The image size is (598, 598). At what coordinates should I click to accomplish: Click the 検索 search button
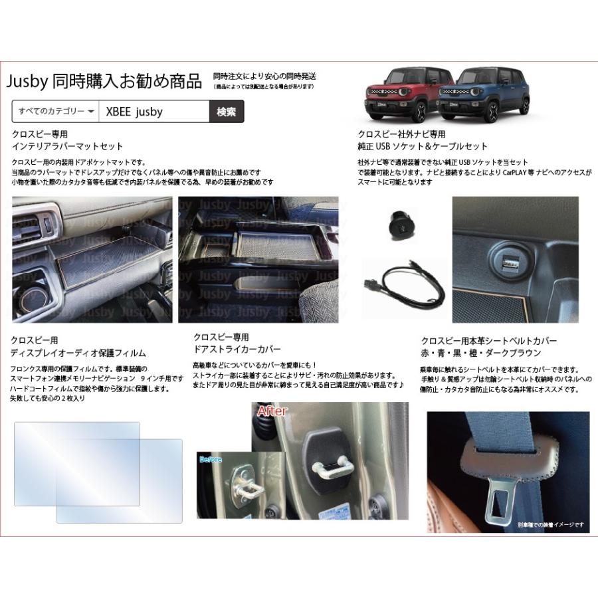point(226,112)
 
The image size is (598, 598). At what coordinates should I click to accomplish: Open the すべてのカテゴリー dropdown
point(55,112)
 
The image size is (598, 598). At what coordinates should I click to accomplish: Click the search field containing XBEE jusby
point(153,112)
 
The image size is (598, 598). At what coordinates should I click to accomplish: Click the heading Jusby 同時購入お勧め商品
point(104,82)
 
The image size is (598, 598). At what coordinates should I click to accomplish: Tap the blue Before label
point(210,459)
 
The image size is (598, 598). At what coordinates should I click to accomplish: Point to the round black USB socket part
point(401,223)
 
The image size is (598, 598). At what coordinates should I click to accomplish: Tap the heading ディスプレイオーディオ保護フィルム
point(78,353)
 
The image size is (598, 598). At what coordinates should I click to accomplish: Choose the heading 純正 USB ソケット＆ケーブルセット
point(422,146)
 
